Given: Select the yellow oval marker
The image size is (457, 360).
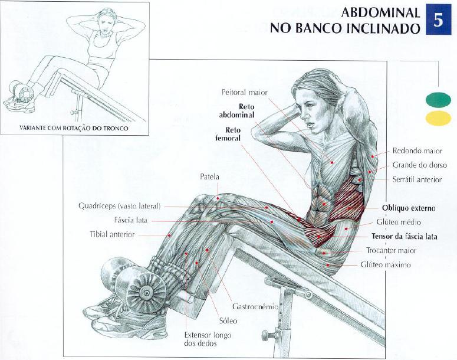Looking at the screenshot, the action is coord(438,118).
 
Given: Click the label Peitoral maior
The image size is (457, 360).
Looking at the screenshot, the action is coord(245,93).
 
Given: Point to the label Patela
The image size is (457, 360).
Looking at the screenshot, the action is coord(209,176).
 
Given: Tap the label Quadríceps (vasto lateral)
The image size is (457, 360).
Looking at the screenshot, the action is coord(120,207).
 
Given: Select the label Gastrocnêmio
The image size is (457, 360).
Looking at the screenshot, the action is coord(252,307).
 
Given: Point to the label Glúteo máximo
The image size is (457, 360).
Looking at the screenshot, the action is coord(386,265).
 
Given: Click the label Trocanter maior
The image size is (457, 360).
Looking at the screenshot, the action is coord(391,251).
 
